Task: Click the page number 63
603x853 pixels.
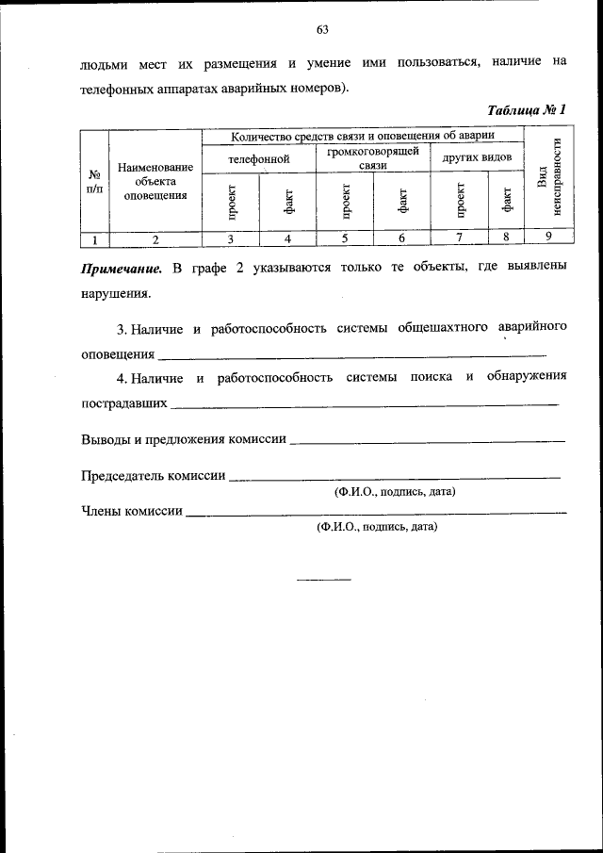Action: tap(321, 29)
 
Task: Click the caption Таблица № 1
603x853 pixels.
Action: tap(527, 110)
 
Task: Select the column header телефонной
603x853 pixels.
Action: tap(258, 159)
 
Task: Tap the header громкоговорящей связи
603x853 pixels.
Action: tap(373, 158)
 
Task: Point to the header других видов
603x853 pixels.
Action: tap(477, 157)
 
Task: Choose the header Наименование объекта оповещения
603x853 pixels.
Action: tap(155, 181)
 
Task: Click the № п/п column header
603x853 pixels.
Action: tap(94, 181)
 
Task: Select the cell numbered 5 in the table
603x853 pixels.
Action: tap(345, 238)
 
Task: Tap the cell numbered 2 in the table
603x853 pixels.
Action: tap(155, 238)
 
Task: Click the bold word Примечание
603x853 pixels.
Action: tap(122, 268)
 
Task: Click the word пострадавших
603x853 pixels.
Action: tap(125, 402)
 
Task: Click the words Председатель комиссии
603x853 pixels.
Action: tap(154, 476)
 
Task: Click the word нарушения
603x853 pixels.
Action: tap(115, 292)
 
